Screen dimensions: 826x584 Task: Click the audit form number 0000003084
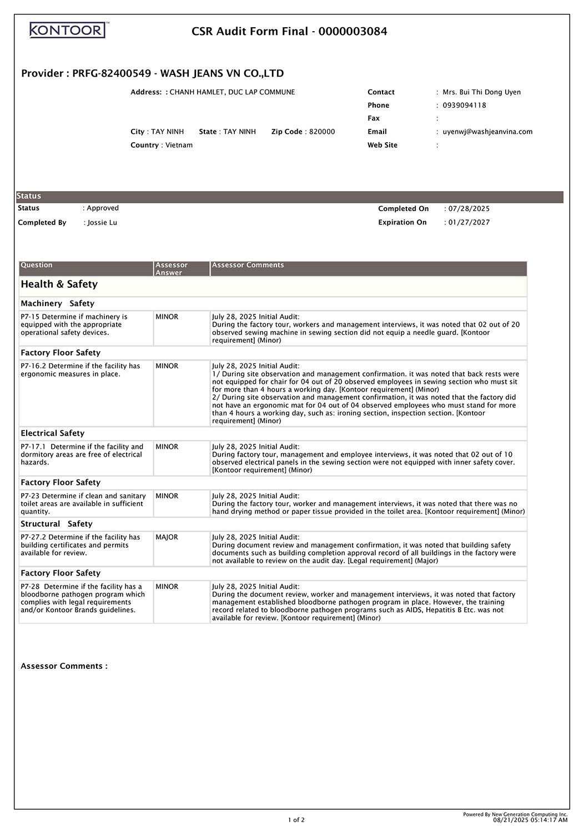click(x=353, y=32)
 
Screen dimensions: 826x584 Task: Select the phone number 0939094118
click(x=464, y=106)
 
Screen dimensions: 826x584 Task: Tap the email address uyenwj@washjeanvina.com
click(x=487, y=132)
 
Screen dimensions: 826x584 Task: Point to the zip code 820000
click(x=322, y=132)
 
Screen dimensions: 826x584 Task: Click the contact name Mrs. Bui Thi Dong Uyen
click(x=481, y=92)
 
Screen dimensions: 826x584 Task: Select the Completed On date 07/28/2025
click(x=469, y=209)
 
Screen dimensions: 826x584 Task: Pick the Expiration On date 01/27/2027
click(x=469, y=223)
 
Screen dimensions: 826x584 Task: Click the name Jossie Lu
click(x=103, y=223)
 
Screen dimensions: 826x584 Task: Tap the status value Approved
click(x=103, y=208)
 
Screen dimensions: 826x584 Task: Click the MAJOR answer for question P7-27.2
click(x=167, y=538)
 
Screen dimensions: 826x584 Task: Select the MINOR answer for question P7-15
click(x=167, y=317)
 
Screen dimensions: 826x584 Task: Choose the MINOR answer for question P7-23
click(x=167, y=496)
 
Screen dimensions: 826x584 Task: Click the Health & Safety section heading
click(x=59, y=284)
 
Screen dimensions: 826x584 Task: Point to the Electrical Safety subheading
click(x=53, y=433)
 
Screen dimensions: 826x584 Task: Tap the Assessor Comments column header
click(x=248, y=266)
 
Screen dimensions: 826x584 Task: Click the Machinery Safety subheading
click(x=58, y=304)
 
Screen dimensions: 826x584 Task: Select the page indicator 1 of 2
click(x=296, y=820)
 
